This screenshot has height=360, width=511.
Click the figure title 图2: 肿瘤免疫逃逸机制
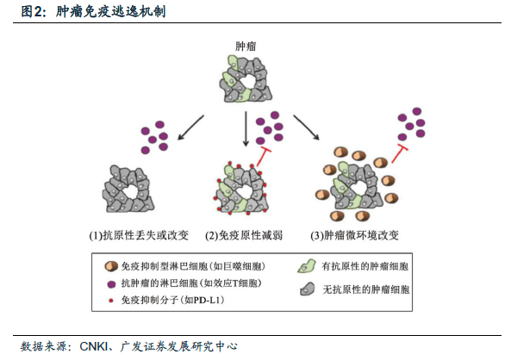(x=93, y=12)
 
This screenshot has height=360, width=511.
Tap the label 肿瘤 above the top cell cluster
(x=246, y=47)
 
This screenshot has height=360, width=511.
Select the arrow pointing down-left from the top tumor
(x=190, y=127)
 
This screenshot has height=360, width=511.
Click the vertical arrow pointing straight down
(x=246, y=129)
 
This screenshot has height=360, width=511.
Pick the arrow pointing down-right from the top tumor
(x=306, y=127)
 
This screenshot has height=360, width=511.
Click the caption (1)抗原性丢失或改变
(x=139, y=235)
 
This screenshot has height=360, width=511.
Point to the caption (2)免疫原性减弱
(x=244, y=235)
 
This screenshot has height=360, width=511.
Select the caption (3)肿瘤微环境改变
(x=354, y=235)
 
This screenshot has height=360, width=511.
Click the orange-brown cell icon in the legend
(x=111, y=266)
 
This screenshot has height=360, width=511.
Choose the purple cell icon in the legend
(x=111, y=284)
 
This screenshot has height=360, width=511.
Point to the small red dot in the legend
(x=111, y=301)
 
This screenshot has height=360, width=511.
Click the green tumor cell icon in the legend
(x=306, y=266)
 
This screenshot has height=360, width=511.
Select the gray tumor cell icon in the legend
(x=308, y=289)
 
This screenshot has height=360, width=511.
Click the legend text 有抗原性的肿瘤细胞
(x=365, y=266)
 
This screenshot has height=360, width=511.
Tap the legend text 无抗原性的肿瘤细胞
(x=366, y=289)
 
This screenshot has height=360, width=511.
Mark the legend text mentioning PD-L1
(x=172, y=300)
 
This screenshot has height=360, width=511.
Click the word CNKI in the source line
(x=94, y=346)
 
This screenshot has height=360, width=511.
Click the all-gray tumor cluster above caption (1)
(x=128, y=189)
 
